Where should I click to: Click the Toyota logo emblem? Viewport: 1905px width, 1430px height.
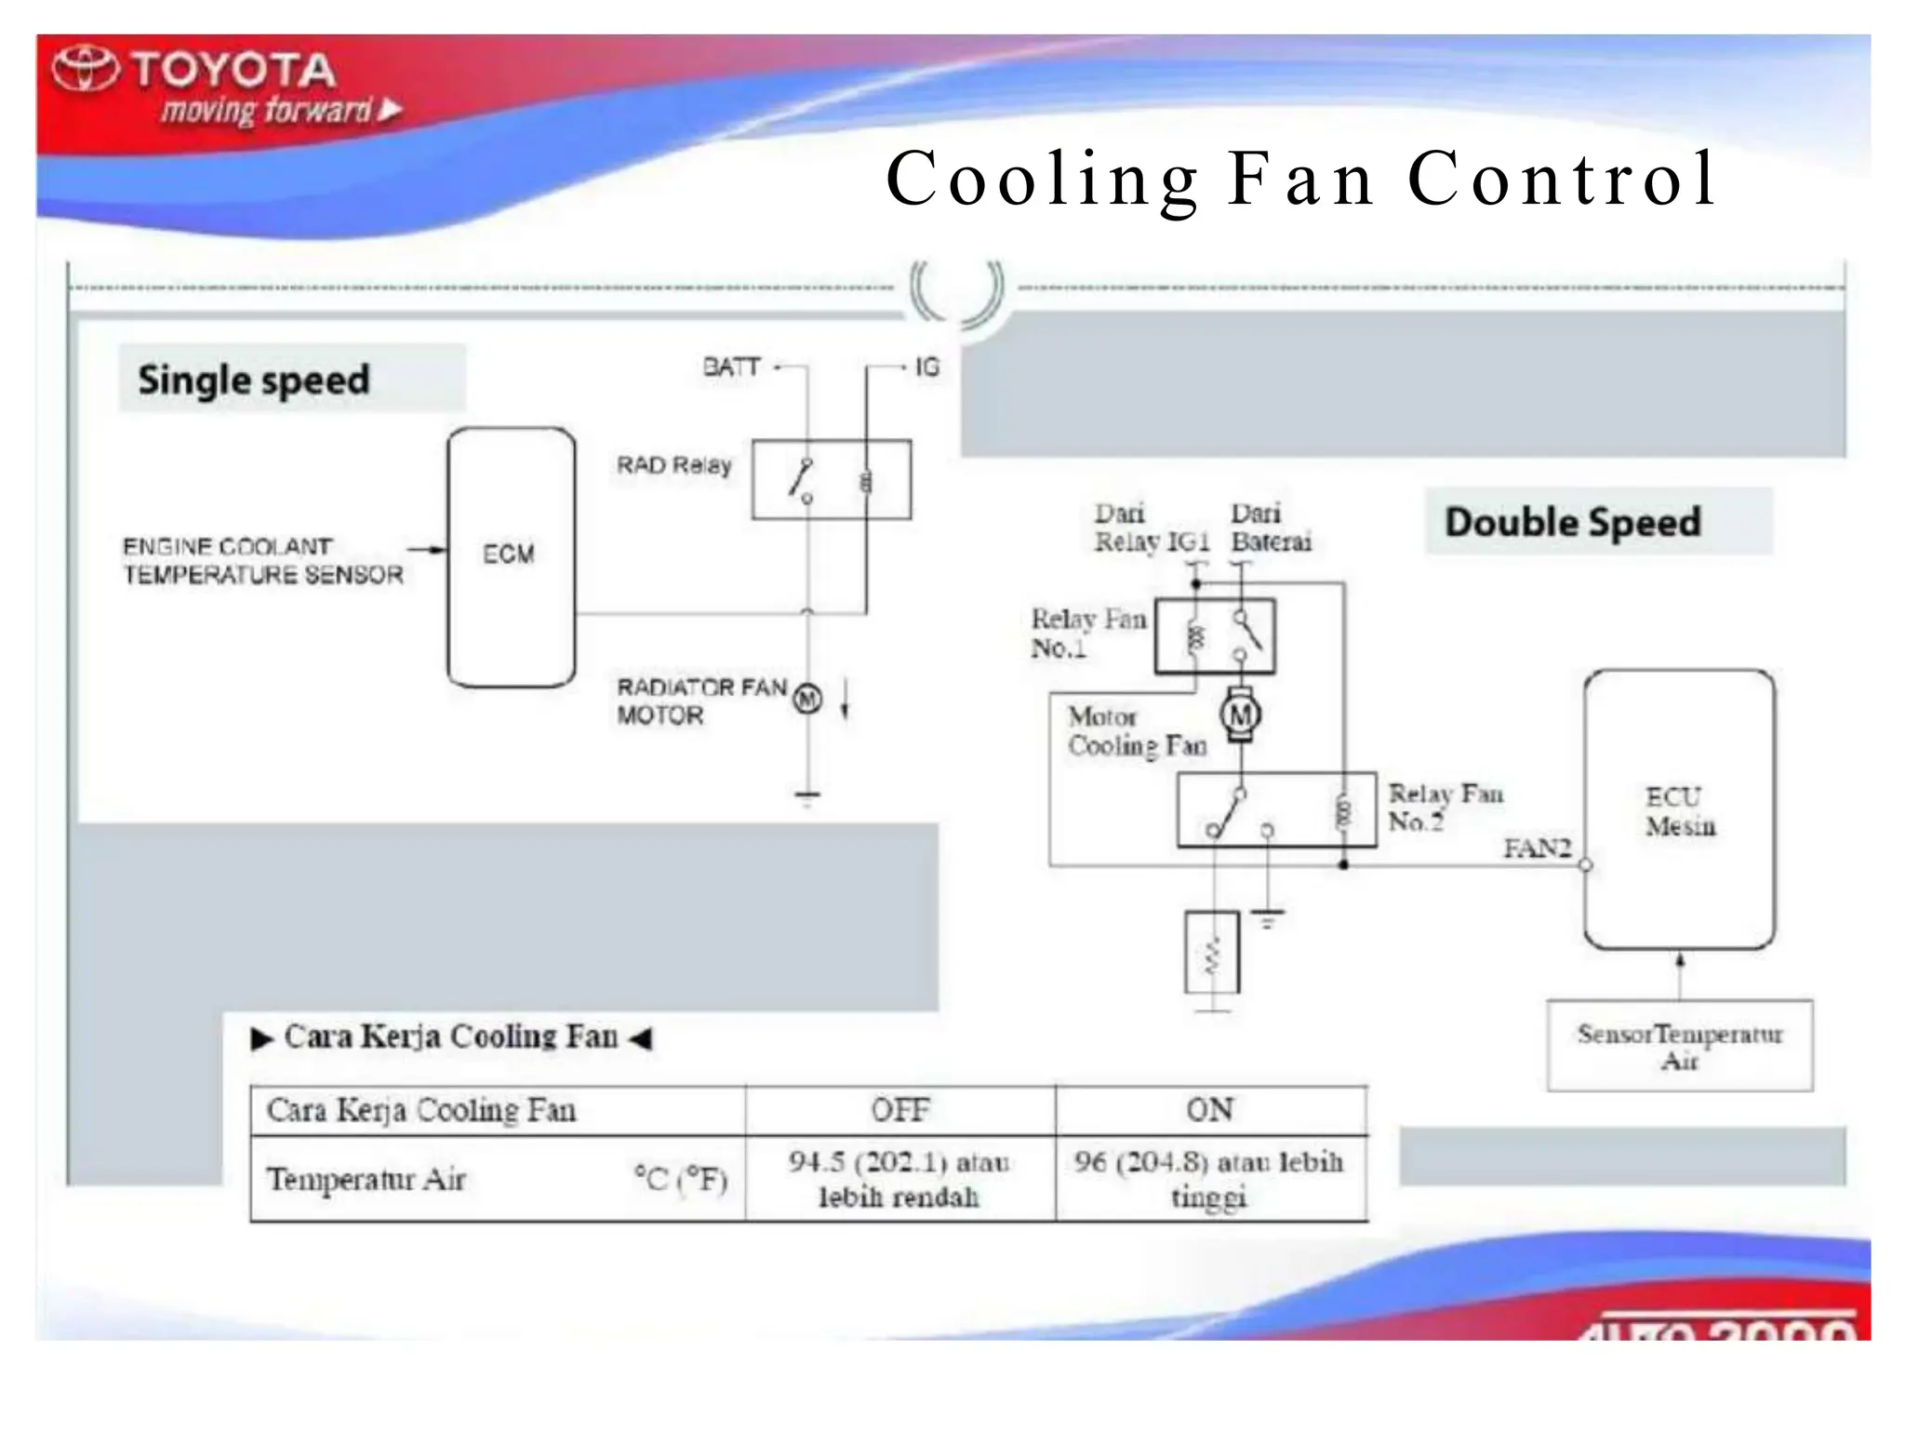click(x=86, y=69)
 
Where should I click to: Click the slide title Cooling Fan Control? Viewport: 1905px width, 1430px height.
click(x=1300, y=178)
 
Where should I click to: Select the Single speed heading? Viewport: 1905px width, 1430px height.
click(x=254, y=380)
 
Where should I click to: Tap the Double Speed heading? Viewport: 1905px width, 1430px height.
click(x=1572, y=522)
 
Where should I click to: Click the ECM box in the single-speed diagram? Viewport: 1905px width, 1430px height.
click(x=511, y=556)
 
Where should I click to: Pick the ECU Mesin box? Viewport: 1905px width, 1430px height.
click(x=1679, y=809)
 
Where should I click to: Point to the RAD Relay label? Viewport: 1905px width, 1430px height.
click(x=673, y=465)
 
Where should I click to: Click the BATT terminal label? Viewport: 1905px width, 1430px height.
click(x=731, y=368)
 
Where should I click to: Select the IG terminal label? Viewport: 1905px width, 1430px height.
click(x=926, y=368)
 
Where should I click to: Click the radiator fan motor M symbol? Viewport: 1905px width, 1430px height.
click(x=807, y=699)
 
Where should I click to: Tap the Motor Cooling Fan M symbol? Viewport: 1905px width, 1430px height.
click(x=1240, y=715)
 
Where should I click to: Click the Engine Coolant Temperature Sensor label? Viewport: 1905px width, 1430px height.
click(x=263, y=561)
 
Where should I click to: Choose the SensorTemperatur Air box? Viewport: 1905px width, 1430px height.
click(x=1679, y=1046)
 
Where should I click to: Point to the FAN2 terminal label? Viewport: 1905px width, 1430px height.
click(x=1537, y=849)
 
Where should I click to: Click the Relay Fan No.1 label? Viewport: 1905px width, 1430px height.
click(x=1087, y=633)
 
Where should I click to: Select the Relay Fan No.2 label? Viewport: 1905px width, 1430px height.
click(x=1445, y=807)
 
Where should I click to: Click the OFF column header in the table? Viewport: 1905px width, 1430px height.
click(x=899, y=1110)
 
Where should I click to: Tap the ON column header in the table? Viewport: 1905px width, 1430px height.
click(x=1209, y=1110)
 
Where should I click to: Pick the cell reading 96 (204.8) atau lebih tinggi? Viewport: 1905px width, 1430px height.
click(x=1209, y=1179)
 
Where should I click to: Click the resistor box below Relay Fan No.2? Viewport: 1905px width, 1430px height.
click(x=1212, y=953)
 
